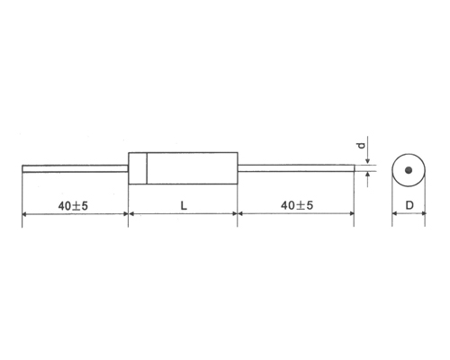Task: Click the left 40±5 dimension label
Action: pos(72,205)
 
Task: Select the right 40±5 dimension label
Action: pos(296,205)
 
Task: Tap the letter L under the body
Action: pos(183,205)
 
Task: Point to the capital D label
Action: pos(409,205)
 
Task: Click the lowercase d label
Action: pos(359,144)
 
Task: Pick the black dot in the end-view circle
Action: pos(409,170)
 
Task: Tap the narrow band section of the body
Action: pos(138,168)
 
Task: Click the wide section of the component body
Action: pos(191,168)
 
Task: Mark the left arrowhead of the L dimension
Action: pos(135,215)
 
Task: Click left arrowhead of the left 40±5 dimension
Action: pos(26,215)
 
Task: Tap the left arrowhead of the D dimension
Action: pos(395,215)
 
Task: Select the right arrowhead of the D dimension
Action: pos(422,215)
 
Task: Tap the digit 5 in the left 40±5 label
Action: pos(84,205)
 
